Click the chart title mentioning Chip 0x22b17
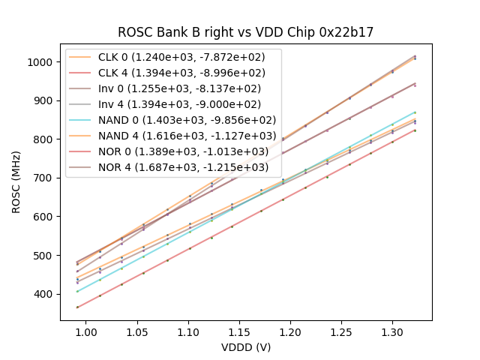(245, 33)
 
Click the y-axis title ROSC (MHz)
(16, 180)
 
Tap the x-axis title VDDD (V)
(245, 347)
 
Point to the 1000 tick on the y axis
(42, 61)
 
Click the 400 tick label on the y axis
(45, 294)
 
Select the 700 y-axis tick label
(45, 178)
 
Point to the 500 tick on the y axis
(45, 255)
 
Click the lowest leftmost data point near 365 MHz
(77, 307)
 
